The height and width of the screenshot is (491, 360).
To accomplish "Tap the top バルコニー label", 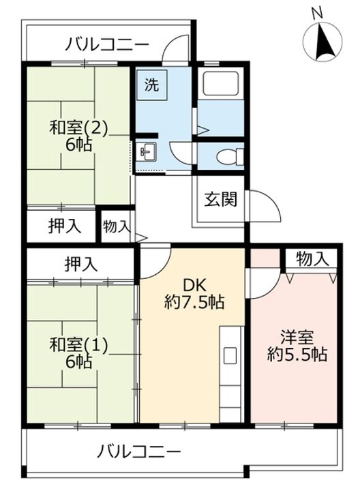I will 107,46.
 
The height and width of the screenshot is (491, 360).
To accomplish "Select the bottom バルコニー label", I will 139,451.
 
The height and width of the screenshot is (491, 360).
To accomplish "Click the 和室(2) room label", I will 78,128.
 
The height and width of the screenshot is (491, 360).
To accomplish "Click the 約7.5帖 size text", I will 195,302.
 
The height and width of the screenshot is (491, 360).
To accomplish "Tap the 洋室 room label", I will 295,337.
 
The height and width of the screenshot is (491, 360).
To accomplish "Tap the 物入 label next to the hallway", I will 117,226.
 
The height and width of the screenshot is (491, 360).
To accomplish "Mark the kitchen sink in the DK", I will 230,355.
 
